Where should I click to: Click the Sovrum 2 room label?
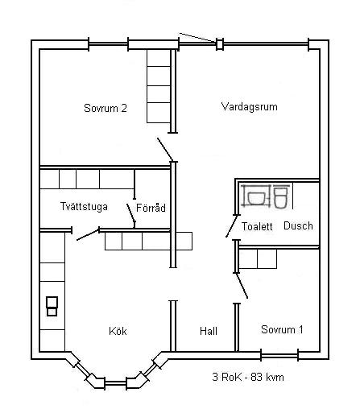coord(106,108)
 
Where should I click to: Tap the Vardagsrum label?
coord(250,107)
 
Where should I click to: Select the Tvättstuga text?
coord(84,206)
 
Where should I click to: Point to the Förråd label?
coord(151,208)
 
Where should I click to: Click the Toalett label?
coord(257,226)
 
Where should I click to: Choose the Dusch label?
coord(298,225)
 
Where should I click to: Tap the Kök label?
coord(118,331)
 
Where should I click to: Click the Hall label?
coord(209,331)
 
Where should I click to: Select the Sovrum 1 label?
coord(282,329)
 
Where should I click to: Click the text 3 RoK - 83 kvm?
coord(248,377)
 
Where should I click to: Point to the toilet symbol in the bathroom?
coord(281,197)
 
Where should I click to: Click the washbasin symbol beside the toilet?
coord(256,196)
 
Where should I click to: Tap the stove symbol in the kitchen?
coord(52,306)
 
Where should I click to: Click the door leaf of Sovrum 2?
coord(165,150)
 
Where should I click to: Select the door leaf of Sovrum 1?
coord(242,286)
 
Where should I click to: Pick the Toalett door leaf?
coord(231,226)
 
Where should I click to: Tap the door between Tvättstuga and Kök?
coord(88,234)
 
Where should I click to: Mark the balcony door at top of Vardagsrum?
coord(198,38)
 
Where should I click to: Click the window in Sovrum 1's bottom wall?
coord(279,356)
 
